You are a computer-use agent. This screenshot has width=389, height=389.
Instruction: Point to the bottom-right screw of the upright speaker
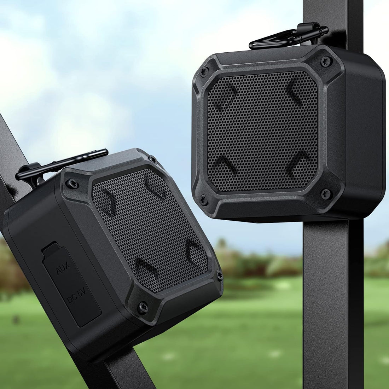click(325, 193)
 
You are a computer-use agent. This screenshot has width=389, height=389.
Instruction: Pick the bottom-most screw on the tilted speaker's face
click(143, 307)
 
